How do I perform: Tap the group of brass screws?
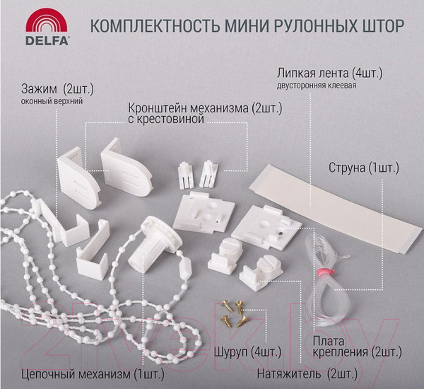tap(234, 310)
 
